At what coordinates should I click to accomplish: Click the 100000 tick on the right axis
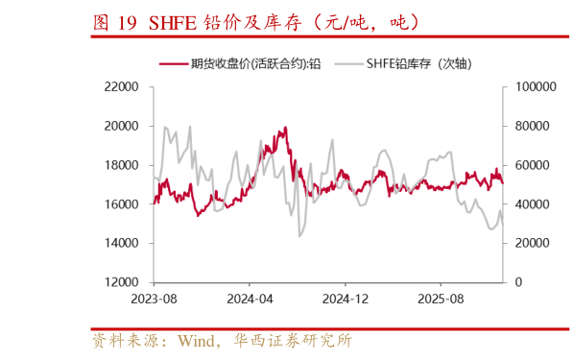536,86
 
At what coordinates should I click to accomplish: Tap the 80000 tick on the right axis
533,126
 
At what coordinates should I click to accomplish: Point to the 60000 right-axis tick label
533,165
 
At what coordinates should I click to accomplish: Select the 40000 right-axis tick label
533,204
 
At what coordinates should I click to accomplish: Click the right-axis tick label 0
518,283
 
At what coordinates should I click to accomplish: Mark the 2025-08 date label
440,300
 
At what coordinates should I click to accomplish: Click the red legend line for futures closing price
173,63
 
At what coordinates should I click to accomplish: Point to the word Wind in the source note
197,340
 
